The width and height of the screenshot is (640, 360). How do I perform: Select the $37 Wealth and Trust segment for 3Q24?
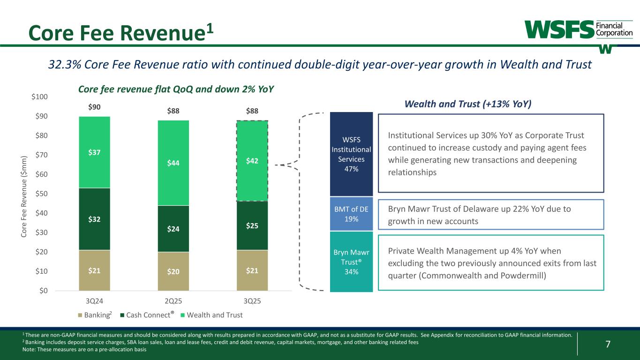(x=94, y=152)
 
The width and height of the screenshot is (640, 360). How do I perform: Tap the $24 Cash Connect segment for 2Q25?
(x=173, y=229)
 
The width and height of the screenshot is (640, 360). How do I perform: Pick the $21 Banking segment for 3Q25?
(x=252, y=270)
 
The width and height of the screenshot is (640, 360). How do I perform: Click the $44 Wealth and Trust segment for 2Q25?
(x=173, y=163)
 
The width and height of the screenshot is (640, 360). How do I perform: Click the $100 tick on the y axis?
(x=39, y=97)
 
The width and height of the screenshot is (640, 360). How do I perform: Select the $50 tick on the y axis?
(x=41, y=194)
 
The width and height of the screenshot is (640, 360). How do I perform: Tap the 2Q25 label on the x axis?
(x=173, y=301)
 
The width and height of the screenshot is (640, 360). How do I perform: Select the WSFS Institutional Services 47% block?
(x=351, y=154)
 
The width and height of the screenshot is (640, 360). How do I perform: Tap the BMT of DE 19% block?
(x=351, y=214)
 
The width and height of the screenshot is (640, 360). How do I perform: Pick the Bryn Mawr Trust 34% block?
(x=351, y=262)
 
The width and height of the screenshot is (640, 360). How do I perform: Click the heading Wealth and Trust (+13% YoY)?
(x=467, y=104)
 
